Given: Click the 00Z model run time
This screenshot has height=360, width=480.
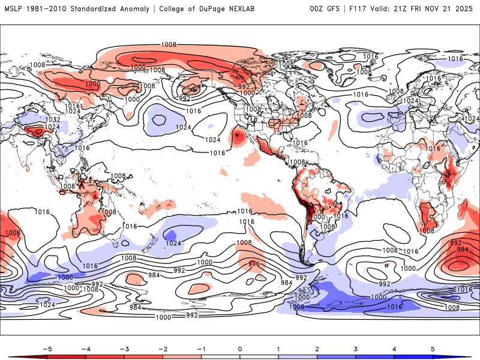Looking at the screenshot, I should (x=317, y=9).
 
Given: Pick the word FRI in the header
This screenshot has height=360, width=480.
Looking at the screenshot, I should (x=425, y=9).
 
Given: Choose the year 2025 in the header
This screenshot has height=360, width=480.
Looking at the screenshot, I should (x=467, y=9).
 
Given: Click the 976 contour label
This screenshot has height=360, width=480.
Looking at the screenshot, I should (x=254, y=264).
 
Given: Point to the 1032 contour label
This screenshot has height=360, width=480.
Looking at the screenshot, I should (x=36, y=120).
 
